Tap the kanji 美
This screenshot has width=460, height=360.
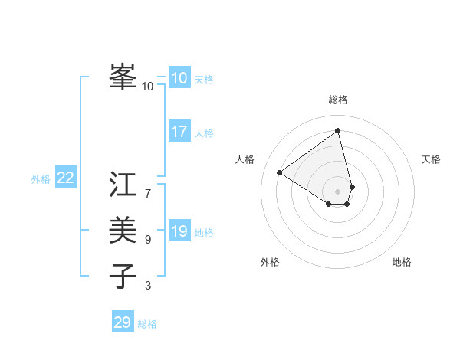pos(123,229)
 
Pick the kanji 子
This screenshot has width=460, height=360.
pos(123,275)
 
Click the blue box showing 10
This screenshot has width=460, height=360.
pos(179,78)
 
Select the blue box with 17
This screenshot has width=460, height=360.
pos(179,132)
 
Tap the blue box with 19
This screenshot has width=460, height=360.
pos(179,231)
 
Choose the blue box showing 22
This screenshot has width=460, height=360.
pos(65,178)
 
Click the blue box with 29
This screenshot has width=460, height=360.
pos(123,322)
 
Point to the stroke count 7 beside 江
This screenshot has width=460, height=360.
pos(147,194)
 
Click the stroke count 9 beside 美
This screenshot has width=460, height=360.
pos(147,240)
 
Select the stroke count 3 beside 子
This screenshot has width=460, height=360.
pos(147,286)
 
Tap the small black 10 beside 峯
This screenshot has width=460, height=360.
pos(147,87)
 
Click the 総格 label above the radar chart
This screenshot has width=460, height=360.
pos(338,100)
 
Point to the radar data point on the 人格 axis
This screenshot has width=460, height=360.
pos(280,172)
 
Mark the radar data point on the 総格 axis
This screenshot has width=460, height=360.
pos(338,130)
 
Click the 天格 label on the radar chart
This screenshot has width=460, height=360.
pos(431,159)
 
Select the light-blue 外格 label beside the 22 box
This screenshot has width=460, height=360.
pos(41,179)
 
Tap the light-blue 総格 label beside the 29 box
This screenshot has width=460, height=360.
pos(147,324)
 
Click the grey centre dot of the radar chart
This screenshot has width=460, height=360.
pos(338,191)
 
